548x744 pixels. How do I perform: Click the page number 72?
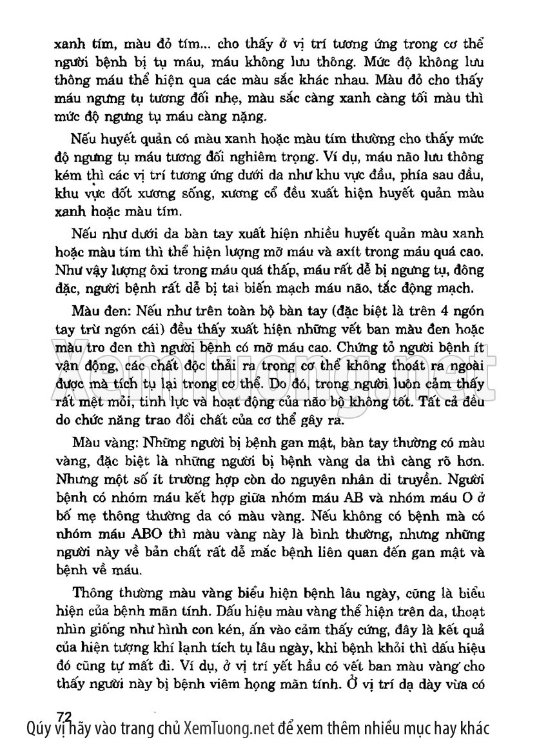tap(64, 715)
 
